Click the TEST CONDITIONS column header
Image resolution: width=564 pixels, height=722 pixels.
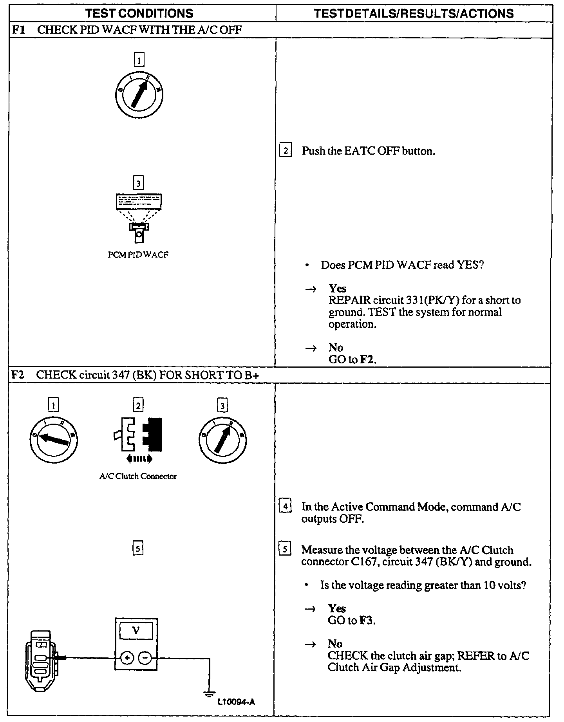[139, 13]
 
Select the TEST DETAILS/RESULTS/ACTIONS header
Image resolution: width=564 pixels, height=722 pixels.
[414, 13]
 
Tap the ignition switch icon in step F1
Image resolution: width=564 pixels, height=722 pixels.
[139, 94]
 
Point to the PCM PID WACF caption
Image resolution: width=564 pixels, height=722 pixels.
[138, 255]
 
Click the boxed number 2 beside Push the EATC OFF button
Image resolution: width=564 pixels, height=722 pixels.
[286, 151]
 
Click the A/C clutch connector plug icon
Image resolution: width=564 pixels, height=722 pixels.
[138, 434]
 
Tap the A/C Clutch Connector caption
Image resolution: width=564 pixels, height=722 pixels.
[138, 477]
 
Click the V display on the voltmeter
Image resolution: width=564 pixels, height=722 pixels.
[136, 631]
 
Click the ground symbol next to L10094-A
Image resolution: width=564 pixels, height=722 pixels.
[209, 693]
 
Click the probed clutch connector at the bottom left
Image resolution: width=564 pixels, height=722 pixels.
[41, 660]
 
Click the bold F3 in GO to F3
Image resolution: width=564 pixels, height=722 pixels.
[367, 621]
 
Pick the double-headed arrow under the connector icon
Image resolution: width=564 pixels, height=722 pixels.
[139, 459]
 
